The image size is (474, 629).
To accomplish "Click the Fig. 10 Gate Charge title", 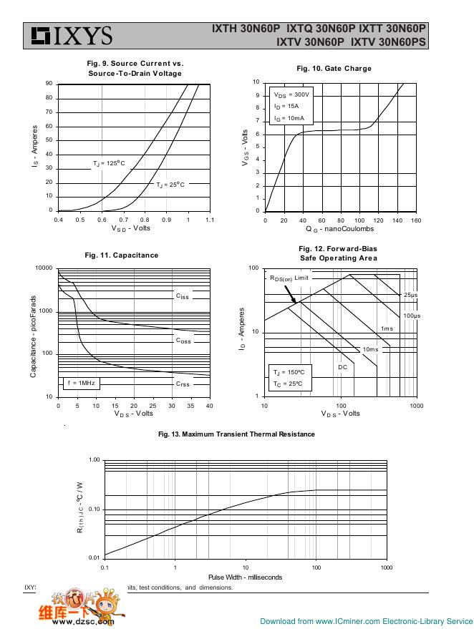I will click(x=334, y=69).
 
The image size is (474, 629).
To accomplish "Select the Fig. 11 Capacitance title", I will click(x=121, y=255).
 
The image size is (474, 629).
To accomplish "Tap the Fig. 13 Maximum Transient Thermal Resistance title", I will click(x=236, y=434).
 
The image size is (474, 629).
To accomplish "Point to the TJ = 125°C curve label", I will click(x=108, y=164).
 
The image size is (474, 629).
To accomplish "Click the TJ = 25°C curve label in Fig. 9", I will click(x=170, y=185).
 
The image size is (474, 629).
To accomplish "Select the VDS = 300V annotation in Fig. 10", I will click(x=291, y=94).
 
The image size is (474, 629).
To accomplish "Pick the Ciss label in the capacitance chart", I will click(x=183, y=296).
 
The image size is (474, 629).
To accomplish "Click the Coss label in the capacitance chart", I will click(x=183, y=341).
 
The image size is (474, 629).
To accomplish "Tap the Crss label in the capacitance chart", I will click(x=183, y=384).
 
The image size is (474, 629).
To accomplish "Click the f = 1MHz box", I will click(x=81, y=384).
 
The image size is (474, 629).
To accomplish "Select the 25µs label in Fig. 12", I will click(x=410, y=295).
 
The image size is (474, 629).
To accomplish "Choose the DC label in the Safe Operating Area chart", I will click(x=342, y=367).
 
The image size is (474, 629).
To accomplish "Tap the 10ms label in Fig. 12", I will click(x=370, y=349).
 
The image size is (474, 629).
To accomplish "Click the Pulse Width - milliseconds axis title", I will click(x=245, y=577).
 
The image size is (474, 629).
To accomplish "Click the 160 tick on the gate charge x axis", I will click(x=416, y=220).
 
